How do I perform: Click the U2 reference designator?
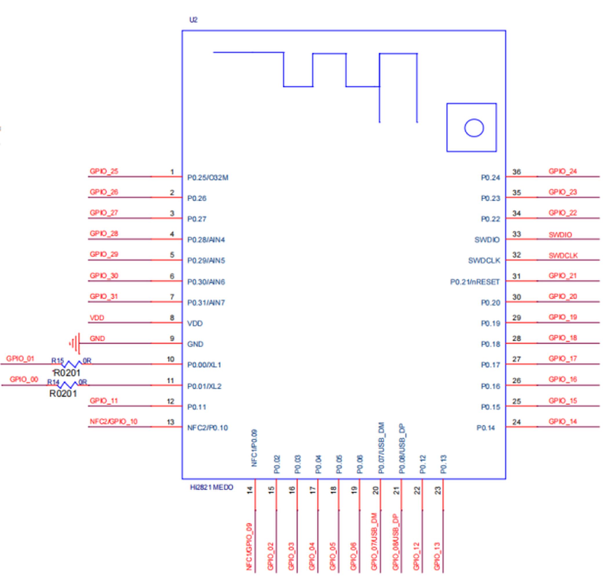(193, 20)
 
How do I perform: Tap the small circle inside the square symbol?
(474, 128)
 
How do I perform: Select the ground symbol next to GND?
(75, 343)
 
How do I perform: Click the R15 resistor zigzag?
(71, 364)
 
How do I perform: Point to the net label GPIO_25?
(104, 171)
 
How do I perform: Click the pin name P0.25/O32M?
(208, 178)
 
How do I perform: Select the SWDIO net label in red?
(560, 235)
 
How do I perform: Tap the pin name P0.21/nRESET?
(474, 282)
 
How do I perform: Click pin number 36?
(516, 172)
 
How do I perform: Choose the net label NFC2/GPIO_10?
(113, 421)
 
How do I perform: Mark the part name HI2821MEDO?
(211, 487)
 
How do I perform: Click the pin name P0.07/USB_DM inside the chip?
(381, 448)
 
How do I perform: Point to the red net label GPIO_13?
(437, 556)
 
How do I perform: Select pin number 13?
(170, 422)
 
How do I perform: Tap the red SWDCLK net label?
(563, 256)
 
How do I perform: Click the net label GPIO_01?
(20, 359)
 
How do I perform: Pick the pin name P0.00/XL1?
(204, 365)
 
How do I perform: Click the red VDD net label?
(97, 318)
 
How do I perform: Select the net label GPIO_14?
(562, 421)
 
